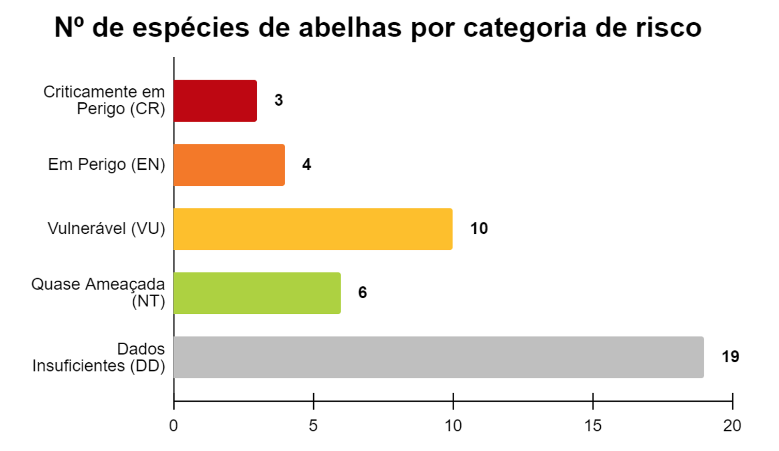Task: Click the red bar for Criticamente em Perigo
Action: click(x=215, y=101)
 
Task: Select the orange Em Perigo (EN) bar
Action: click(x=229, y=165)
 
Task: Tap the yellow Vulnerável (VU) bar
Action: click(x=313, y=229)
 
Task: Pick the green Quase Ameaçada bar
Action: click(x=257, y=293)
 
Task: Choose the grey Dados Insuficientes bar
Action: click(x=438, y=357)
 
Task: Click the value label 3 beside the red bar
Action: click(x=278, y=100)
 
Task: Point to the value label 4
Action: click(x=306, y=165)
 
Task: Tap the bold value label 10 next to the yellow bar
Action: click(x=479, y=229)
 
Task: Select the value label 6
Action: click(x=363, y=293)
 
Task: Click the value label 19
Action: click(x=730, y=357)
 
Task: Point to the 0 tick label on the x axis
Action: click(x=174, y=426)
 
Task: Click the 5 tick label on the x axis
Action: click(x=313, y=426)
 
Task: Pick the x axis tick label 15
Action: click(x=593, y=426)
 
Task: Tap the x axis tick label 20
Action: click(x=733, y=426)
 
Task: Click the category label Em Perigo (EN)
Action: click(x=106, y=165)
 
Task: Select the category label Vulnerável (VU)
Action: click(x=106, y=229)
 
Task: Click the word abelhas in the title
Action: click(x=350, y=27)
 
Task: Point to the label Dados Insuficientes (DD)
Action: click(x=99, y=357)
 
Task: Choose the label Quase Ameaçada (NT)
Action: click(x=98, y=293)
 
